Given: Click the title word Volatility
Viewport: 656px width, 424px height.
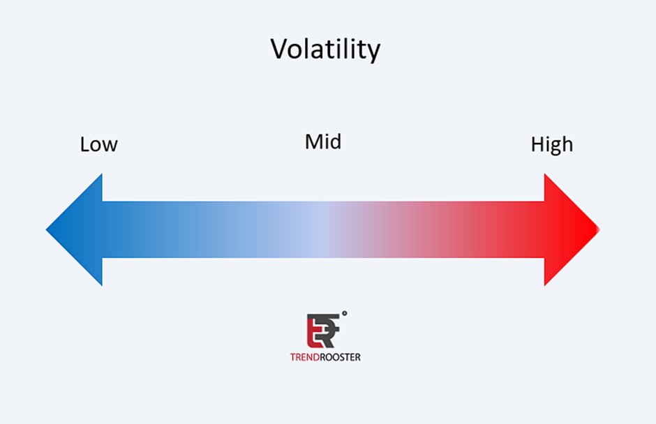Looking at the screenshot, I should point(325,50).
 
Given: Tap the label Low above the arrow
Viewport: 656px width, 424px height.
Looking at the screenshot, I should point(98,145).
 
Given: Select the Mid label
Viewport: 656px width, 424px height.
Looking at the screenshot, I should point(323,142).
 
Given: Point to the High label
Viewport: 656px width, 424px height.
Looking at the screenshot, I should point(551,145).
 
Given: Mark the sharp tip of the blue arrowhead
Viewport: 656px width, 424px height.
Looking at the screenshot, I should point(47,229).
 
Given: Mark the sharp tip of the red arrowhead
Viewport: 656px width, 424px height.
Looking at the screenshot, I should point(599,229).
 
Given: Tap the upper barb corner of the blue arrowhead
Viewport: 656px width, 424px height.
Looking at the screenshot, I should point(102,174).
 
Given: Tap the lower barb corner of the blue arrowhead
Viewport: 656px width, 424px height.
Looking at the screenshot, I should point(102,285).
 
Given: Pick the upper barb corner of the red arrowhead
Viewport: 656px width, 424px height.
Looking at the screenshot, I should point(544,174).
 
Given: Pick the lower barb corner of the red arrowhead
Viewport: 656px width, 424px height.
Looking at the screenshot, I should point(544,285).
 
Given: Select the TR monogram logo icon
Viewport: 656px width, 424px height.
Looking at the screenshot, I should point(323,331).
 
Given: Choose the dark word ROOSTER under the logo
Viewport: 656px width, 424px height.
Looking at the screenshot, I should point(342,357).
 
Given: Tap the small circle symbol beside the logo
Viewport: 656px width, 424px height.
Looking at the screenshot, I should point(345,314).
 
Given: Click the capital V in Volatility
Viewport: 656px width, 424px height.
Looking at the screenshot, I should point(279,50).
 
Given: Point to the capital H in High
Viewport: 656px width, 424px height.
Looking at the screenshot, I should point(537,145).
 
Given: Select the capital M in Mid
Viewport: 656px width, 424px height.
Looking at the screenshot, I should point(312,142).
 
